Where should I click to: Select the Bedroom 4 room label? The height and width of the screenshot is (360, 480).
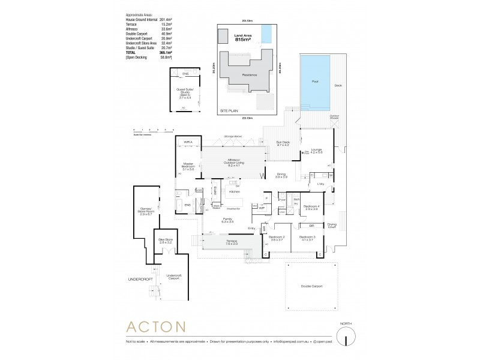pyautogui.click(x=310, y=206)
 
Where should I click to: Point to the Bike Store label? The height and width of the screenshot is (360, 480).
pyautogui.click(x=165, y=239)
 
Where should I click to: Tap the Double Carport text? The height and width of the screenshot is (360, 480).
pyautogui.click(x=312, y=286)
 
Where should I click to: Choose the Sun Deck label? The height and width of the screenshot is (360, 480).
pyautogui.click(x=283, y=143)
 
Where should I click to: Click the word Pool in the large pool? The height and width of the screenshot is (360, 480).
pyautogui.click(x=315, y=82)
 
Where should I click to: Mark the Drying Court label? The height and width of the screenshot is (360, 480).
pyautogui.click(x=332, y=226)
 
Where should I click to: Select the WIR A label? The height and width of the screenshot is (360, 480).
pyautogui.click(x=188, y=142)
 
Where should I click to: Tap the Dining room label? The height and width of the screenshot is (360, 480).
pyautogui.click(x=281, y=175)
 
